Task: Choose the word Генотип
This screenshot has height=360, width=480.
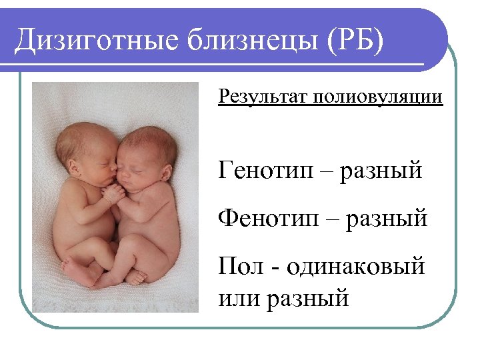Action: click(x=271, y=170)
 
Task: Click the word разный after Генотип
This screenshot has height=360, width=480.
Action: click(x=381, y=171)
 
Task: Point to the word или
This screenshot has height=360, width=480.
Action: click(x=238, y=297)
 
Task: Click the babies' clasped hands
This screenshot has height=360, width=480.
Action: click(x=114, y=193)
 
